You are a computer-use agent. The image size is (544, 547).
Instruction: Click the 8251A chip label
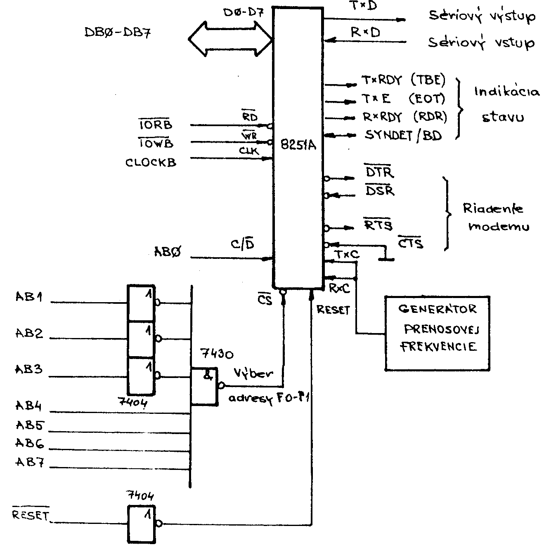298,145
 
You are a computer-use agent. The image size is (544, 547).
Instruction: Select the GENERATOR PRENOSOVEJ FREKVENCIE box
437,333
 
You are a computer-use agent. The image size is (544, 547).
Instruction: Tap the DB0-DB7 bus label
117,33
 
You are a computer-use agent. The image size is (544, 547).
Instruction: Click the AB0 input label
167,252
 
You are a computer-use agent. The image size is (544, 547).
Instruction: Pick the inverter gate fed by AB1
141,303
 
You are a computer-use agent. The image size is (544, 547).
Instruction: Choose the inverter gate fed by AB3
141,376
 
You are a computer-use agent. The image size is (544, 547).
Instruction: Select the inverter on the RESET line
141,524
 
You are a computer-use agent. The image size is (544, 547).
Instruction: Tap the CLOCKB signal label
151,162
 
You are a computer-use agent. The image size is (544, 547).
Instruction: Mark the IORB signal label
155,125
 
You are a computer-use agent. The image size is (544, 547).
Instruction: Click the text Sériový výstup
482,16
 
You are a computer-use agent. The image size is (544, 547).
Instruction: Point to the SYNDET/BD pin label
403,135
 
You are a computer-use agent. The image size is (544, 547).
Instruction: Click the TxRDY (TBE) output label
403,80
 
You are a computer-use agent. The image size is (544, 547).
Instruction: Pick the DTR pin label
379,172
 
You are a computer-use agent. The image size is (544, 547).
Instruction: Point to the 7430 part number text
216,354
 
